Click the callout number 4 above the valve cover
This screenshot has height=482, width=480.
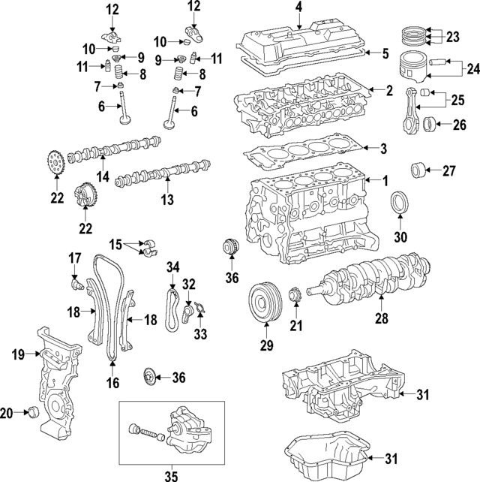click(298, 9)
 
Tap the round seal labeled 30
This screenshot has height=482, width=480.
click(400, 204)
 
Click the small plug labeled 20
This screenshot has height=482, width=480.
click(32, 411)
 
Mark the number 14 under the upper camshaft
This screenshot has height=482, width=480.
click(101, 177)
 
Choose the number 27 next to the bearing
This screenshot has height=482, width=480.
click(448, 171)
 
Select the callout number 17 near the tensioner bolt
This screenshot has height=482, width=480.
click(75, 258)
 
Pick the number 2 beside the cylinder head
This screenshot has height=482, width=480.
click(389, 91)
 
